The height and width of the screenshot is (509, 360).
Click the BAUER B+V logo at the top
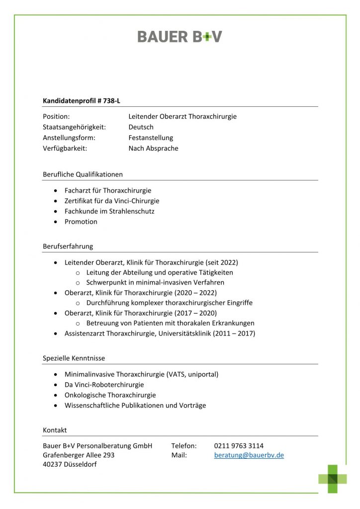coord(180,36)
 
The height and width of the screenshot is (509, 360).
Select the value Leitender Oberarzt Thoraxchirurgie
coord(182,116)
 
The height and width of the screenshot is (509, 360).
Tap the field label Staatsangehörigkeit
coord(74,127)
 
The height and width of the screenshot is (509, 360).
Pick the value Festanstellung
coord(151,138)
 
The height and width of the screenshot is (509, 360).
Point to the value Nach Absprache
coord(153,148)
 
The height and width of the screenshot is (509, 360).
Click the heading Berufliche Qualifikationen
coord(83,174)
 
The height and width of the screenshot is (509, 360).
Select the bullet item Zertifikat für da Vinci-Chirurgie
coord(112,201)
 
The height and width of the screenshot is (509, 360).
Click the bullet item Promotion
coord(81,222)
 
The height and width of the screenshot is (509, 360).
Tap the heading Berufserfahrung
coord(68,246)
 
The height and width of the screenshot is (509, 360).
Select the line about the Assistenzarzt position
coord(160,334)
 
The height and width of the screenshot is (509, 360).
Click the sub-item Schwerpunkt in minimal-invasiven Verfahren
coord(155,282)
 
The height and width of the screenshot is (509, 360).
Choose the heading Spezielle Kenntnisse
coord(74,358)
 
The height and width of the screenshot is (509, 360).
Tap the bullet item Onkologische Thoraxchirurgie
coord(110,395)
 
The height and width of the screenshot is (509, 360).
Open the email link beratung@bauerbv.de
coord(249,455)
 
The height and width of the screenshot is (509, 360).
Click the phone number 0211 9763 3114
coord(239,445)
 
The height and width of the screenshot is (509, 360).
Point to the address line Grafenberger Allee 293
coord(79,455)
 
